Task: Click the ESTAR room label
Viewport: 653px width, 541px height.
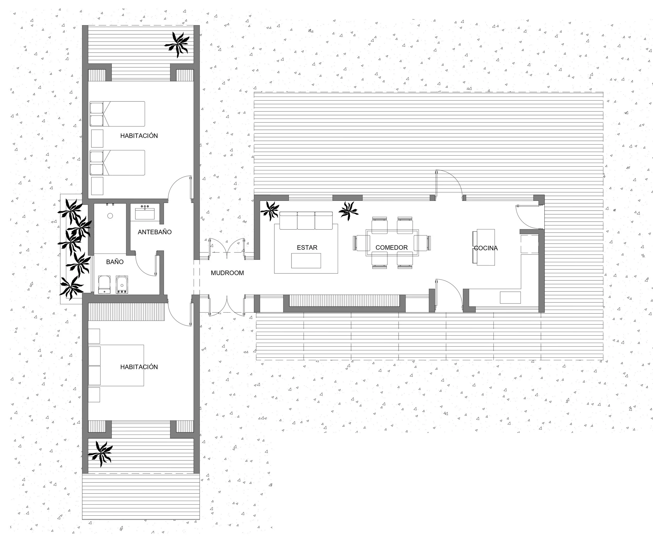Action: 307,247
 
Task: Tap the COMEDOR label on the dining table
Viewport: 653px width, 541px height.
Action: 392,247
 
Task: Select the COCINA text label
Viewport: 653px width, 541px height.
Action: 486,248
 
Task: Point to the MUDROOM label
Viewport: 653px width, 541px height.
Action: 227,273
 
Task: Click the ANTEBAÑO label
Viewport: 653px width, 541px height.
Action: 155,232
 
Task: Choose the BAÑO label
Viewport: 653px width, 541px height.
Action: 115,262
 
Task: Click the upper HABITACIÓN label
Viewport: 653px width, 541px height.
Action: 139,136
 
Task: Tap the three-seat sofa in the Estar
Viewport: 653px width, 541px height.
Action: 306,221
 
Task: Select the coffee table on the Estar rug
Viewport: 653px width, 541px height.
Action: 306,261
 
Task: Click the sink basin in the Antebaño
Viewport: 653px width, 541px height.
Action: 145,214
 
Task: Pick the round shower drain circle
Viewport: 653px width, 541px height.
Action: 110,216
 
